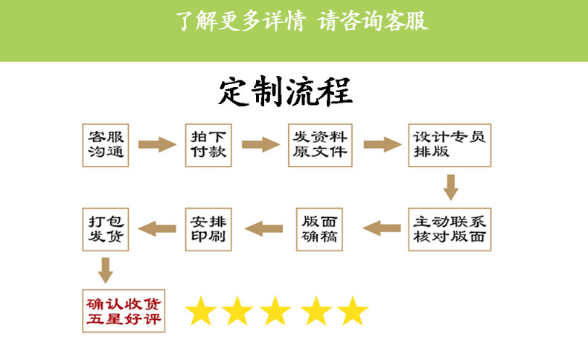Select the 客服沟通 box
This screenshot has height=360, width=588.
(x=105, y=144)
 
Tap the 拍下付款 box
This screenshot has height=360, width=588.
(x=208, y=144)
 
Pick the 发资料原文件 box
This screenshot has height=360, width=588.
(x=319, y=144)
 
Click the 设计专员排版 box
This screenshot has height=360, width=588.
(x=449, y=144)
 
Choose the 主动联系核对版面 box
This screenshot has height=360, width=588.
(x=449, y=228)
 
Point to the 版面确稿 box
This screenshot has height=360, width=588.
(x=320, y=228)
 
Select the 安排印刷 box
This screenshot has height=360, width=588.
(x=208, y=228)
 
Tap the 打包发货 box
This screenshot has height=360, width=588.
(x=105, y=228)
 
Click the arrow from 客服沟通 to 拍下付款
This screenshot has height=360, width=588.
(x=156, y=144)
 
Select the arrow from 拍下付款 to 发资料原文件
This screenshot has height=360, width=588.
(x=260, y=144)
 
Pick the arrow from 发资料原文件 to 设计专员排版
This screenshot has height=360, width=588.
(x=381, y=144)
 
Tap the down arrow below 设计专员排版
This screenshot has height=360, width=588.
(x=449, y=187)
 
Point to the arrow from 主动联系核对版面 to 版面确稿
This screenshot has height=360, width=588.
(x=381, y=228)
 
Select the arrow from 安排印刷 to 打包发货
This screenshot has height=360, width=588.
(x=157, y=228)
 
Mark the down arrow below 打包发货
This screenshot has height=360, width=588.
(x=106, y=270)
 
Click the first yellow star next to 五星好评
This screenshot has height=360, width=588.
(x=199, y=311)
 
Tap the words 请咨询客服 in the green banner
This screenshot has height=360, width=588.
(x=373, y=20)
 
